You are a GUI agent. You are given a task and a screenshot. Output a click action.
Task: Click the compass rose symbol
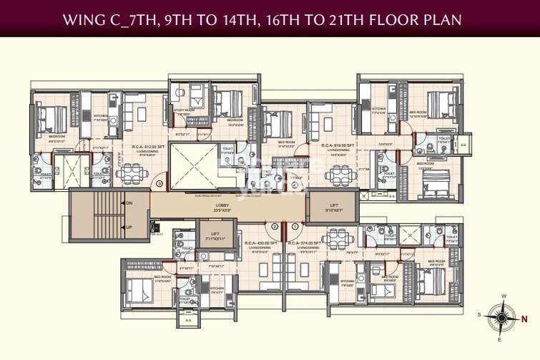click(x=502, y=315)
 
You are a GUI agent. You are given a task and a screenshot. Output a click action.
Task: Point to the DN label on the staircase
click(x=128, y=204)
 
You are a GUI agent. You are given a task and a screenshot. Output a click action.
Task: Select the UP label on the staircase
click(x=128, y=228)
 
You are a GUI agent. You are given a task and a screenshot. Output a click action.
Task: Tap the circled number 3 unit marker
click(x=160, y=184)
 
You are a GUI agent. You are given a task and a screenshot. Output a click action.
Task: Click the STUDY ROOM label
click(x=182, y=111)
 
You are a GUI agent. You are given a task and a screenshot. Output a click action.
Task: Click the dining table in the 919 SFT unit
click(x=338, y=175)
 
